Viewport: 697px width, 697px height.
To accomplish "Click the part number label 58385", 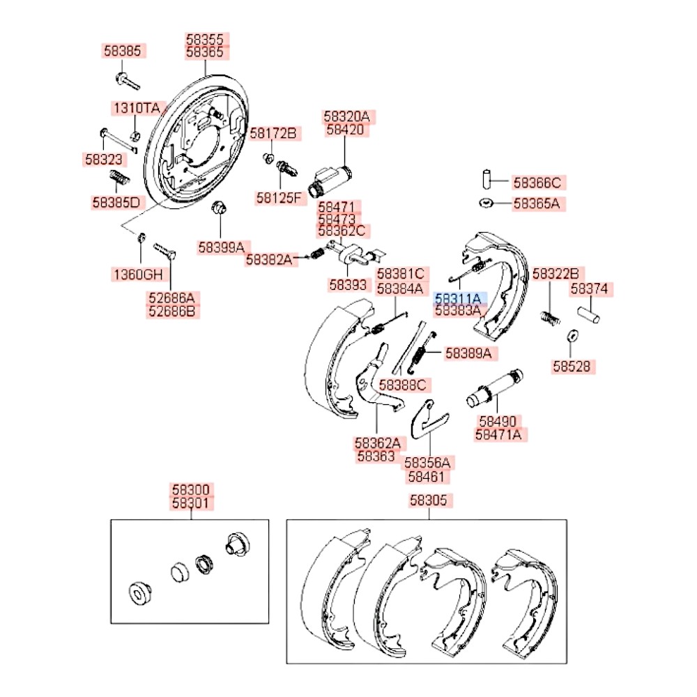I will [x=122, y=50].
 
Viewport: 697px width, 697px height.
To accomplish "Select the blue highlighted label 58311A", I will [x=458, y=298].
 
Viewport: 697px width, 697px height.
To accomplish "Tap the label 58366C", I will [x=537, y=183].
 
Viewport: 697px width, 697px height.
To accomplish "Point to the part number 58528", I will [x=574, y=365].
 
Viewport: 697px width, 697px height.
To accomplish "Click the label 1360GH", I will [x=137, y=274].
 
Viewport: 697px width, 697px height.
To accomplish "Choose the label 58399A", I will [x=221, y=247].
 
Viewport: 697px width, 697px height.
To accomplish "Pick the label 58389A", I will [x=468, y=353].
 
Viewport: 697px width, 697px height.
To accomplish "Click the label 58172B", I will [x=273, y=132].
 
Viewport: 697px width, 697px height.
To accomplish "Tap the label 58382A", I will [x=269, y=259].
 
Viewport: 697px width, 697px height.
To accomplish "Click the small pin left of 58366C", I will [x=483, y=178].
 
